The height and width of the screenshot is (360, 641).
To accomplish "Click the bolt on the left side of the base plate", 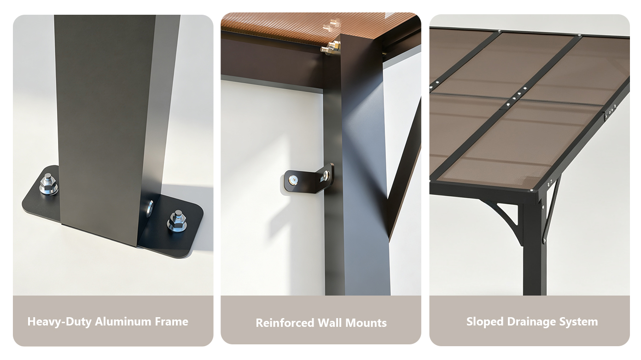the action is click(49, 184).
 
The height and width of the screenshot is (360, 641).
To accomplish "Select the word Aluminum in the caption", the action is click(123, 322).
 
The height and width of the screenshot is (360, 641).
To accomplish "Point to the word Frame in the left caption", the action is click(171, 322).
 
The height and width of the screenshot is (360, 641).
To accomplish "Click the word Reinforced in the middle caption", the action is click(285, 323).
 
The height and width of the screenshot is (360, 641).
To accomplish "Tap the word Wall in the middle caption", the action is click(330, 323).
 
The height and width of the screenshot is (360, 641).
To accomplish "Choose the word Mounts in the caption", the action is click(366, 323).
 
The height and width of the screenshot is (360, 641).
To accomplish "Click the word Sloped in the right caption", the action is click(485, 322).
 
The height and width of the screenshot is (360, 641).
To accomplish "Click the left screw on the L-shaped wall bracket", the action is click(293, 180).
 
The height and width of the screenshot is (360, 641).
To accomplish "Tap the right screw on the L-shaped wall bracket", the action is click(326, 175).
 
